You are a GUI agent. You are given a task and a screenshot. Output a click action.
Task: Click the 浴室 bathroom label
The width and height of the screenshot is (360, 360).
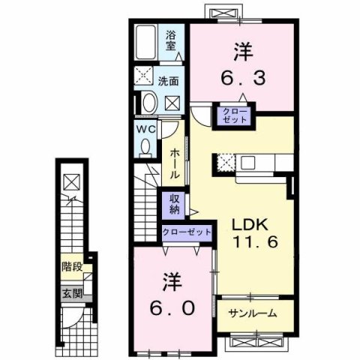(x=172, y=40)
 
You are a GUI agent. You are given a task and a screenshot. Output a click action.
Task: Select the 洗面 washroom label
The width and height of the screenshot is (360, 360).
(x=168, y=80)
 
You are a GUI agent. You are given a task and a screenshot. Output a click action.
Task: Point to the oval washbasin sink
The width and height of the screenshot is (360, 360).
(x=148, y=103)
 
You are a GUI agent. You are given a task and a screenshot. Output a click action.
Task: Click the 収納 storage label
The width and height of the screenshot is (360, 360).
(x=172, y=204)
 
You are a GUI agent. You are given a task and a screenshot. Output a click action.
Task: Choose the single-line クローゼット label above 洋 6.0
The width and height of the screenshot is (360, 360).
(x=187, y=232)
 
